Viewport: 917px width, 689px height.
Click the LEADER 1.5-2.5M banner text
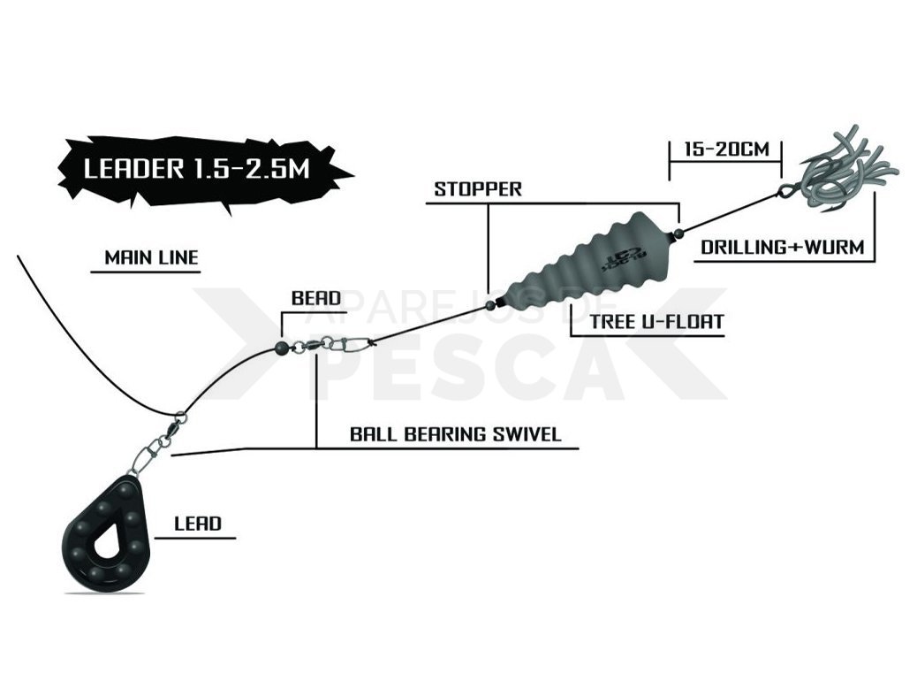pyautogui.click(x=196, y=169)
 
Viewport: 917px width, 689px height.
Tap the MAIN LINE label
pyautogui.click(x=151, y=257)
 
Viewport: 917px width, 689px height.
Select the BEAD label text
pyautogui.click(x=315, y=298)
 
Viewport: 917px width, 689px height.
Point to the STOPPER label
pyautogui.click(x=477, y=189)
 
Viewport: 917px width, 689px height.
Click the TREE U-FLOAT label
pyautogui.click(x=656, y=321)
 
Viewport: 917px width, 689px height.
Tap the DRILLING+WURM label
pyautogui.click(x=783, y=247)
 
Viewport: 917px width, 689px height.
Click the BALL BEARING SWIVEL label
pyautogui.click(x=456, y=434)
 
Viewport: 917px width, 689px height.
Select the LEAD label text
pyautogui.click(x=198, y=524)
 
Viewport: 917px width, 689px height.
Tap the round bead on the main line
pyautogui.click(x=281, y=348)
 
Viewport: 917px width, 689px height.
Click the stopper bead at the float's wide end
pyautogui.click(x=678, y=233)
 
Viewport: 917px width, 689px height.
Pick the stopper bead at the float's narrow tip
pyautogui.click(x=492, y=304)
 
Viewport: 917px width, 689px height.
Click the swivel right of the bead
pyautogui.click(x=332, y=343)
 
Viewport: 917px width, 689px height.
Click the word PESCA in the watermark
pyautogui.click(x=463, y=369)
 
